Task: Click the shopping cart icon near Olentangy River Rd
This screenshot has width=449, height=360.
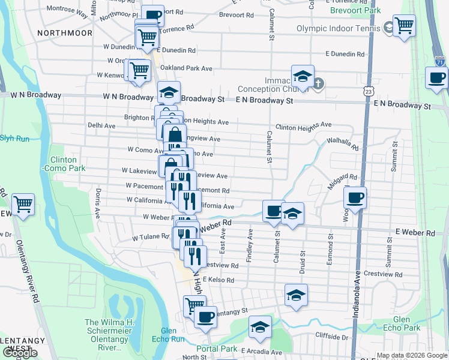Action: [x=23, y=205]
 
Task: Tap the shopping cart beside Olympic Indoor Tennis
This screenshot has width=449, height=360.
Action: [x=404, y=26]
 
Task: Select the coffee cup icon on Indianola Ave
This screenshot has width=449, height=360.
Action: [x=355, y=197]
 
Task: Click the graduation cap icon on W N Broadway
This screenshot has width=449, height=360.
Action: [x=169, y=93]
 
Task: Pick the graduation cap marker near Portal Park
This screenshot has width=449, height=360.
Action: [x=260, y=326]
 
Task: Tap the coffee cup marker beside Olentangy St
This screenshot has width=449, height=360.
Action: [x=205, y=317]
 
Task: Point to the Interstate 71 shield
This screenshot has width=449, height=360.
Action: [x=440, y=61]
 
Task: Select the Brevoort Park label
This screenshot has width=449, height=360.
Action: [x=355, y=10]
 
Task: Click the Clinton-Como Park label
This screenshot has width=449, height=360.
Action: [x=63, y=164]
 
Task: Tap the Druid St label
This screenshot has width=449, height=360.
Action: [x=303, y=262]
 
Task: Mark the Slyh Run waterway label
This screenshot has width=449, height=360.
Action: [x=14, y=138]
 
